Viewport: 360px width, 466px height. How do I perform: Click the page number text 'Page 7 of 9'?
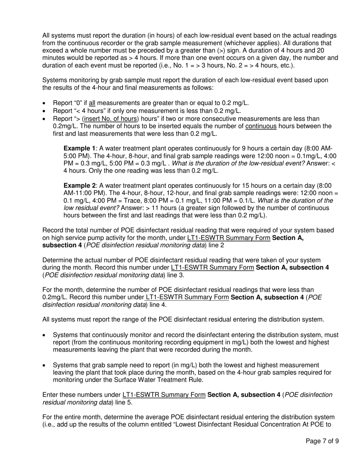click(322, 441)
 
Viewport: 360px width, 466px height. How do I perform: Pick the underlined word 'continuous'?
click(261, 126)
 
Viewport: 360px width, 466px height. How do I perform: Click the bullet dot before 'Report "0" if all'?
click(45, 103)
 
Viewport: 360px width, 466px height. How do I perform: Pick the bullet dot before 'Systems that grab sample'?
click(45, 365)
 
